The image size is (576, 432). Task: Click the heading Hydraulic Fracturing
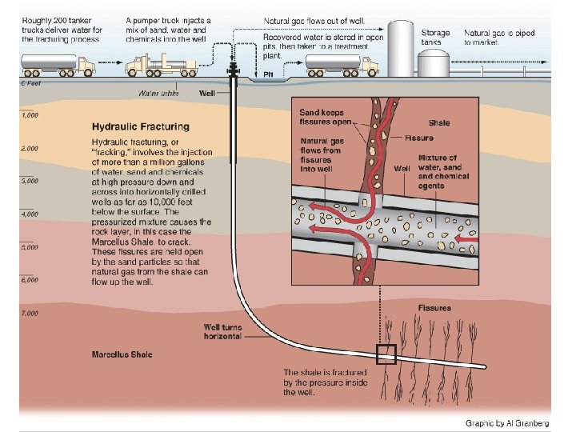click(x=140, y=126)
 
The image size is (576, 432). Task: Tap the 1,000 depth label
click(x=30, y=115)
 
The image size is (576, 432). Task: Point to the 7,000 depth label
click(x=30, y=313)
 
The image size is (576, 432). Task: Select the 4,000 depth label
click(x=30, y=214)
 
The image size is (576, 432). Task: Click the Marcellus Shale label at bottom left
click(x=122, y=354)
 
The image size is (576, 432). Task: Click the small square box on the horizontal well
click(x=386, y=354)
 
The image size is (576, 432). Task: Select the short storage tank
click(x=434, y=64)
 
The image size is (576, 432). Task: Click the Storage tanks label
click(x=435, y=37)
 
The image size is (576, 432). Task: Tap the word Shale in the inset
click(x=439, y=122)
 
